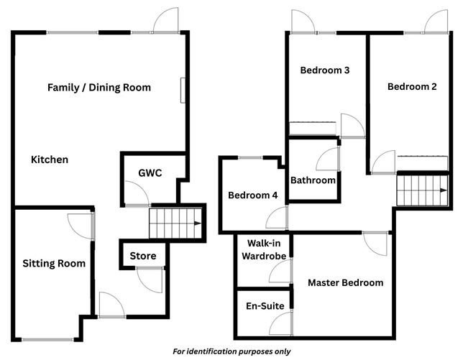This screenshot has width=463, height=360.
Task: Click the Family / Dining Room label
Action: (99, 88)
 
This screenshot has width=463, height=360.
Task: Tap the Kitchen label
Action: (50, 160)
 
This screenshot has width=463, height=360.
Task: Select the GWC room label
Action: (150, 172)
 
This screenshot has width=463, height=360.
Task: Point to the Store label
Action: (143, 256)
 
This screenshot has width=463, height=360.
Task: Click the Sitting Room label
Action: (54, 264)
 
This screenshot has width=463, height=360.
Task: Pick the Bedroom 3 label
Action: (325, 70)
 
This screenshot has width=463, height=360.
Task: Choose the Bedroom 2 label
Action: (412, 87)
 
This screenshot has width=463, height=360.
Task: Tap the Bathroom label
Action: (313, 180)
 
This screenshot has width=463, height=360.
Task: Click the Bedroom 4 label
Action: (252, 195)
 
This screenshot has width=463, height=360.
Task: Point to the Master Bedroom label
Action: (345, 283)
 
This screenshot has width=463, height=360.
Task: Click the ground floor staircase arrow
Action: (196, 223)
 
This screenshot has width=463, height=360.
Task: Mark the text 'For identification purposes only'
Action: (232, 351)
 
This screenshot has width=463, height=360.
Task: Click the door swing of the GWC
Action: (135, 193)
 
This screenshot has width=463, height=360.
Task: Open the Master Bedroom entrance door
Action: (375, 243)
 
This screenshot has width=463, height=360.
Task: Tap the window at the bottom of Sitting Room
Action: (47, 338)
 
